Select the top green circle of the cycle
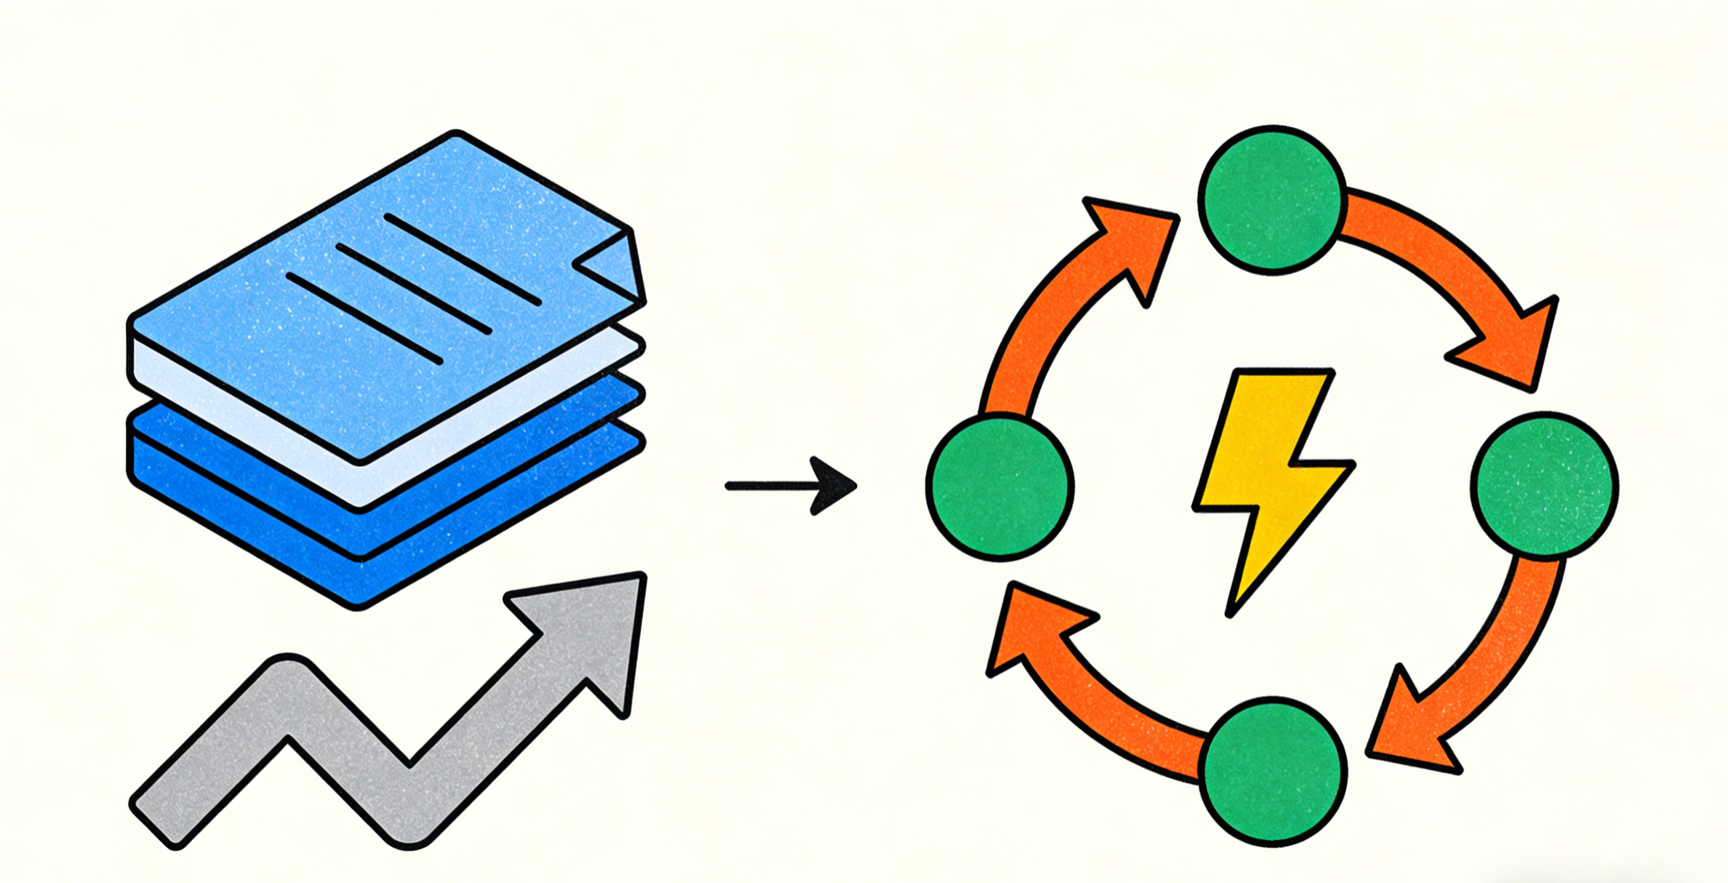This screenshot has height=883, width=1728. tap(1272, 199)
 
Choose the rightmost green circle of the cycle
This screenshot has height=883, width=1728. tap(1544, 484)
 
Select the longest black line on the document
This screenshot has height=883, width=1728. tap(463, 259)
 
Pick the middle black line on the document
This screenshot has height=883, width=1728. tap(414, 289)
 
